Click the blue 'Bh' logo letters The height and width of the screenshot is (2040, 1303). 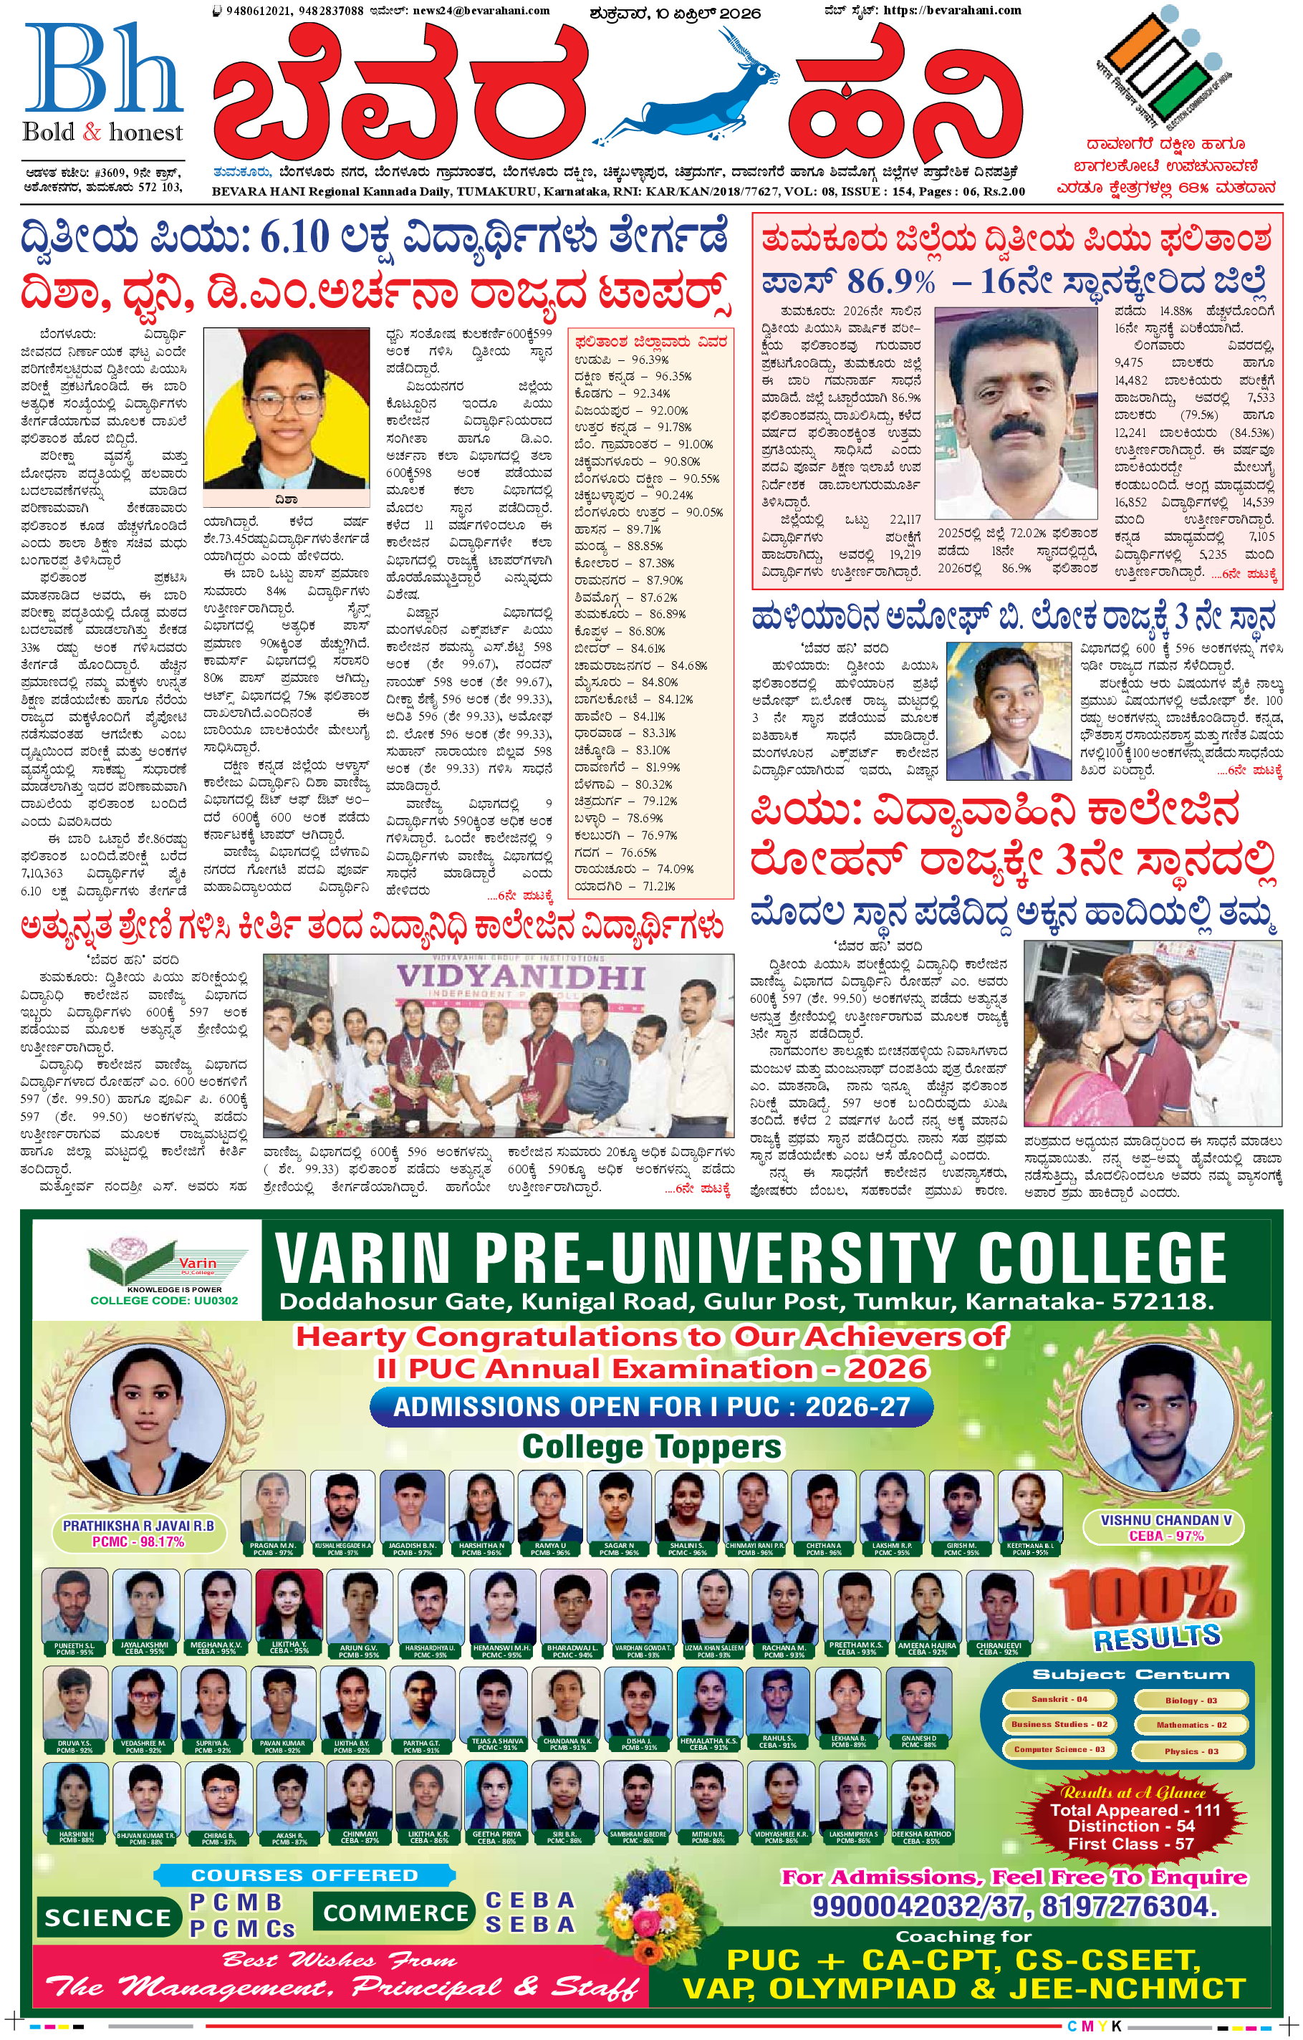point(102,69)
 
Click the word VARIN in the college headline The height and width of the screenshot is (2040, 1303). point(362,1260)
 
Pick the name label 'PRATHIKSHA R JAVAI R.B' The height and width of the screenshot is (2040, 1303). point(138,1526)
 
